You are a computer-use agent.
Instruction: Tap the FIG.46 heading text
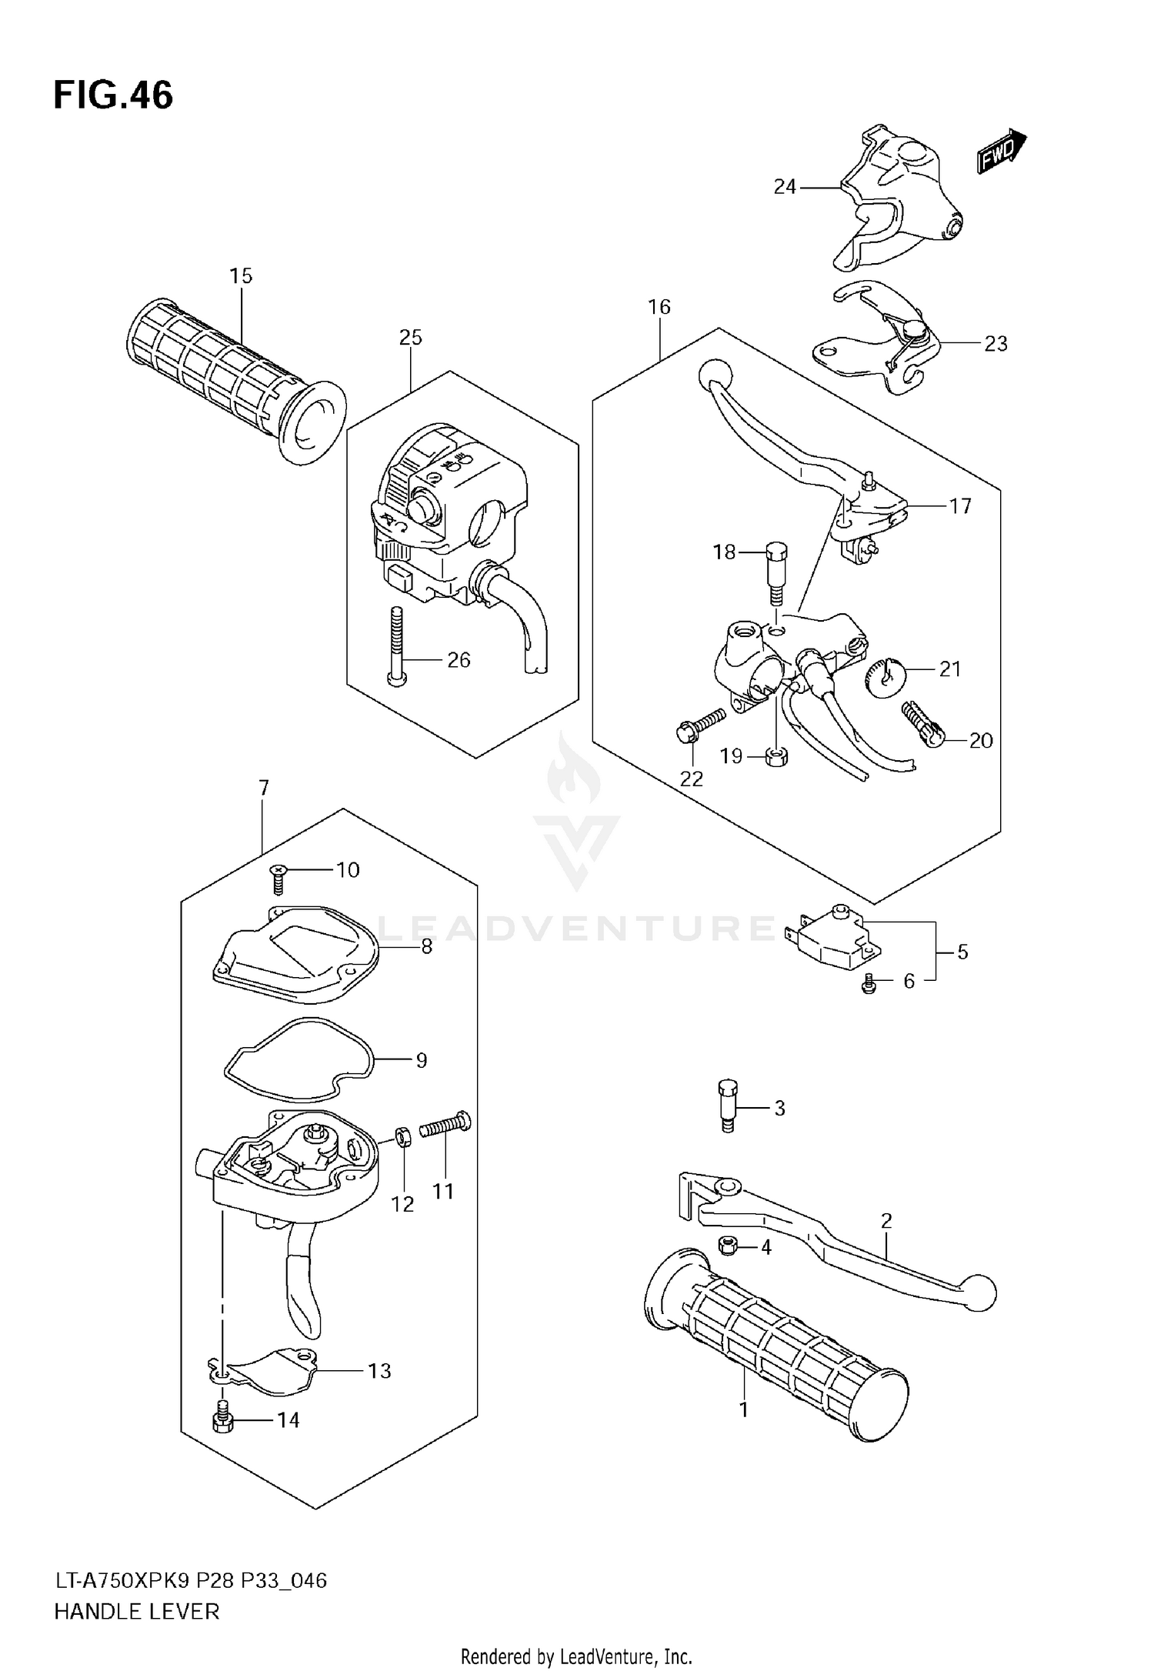113,96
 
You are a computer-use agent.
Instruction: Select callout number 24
784,187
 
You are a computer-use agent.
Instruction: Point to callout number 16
659,307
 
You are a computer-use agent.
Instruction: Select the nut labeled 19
776,756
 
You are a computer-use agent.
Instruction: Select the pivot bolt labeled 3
727,1105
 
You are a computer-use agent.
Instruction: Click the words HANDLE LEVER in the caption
136,1611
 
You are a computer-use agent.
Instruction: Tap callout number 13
379,1370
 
